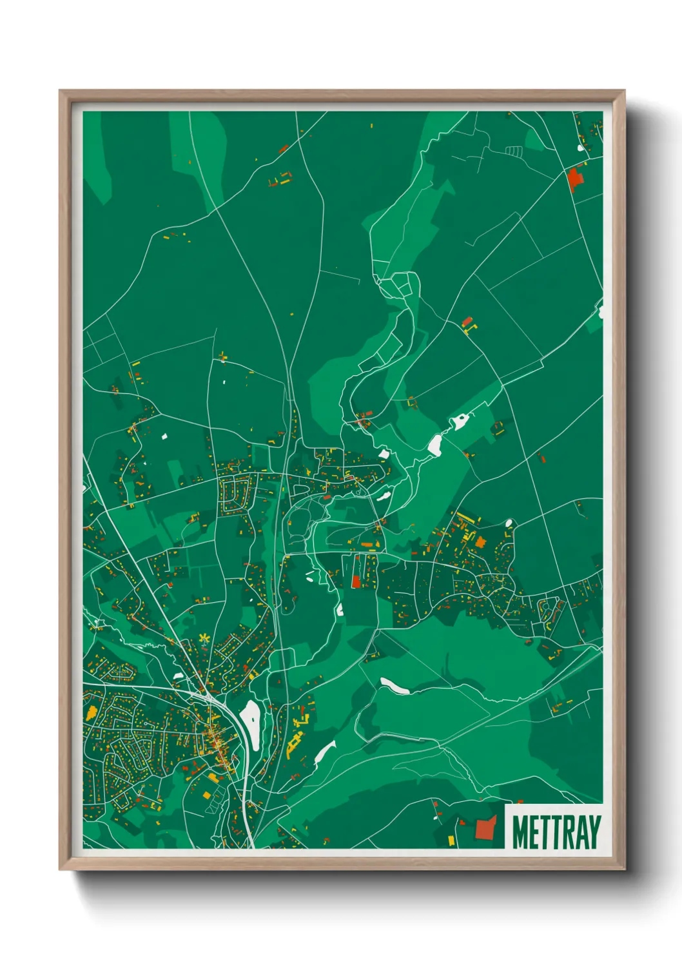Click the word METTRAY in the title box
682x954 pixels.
[x=556, y=832]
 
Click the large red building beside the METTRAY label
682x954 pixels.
[x=485, y=828]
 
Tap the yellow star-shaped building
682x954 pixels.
[x=204, y=639]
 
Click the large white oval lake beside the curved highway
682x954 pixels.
[x=250, y=717]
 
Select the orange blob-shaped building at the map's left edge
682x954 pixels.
[x=91, y=713]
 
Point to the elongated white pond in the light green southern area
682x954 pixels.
[x=395, y=686]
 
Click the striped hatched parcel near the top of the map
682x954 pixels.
[x=513, y=151]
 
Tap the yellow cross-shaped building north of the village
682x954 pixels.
[x=223, y=356]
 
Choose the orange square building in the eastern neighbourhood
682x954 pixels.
[x=480, y=542]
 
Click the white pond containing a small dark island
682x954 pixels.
[x=461, y=422]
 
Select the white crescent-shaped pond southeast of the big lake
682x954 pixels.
[x=324, y=753]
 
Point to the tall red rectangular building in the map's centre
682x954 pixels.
[x=356, y=581]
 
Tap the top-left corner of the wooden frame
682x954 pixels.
[x=61, y=92]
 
